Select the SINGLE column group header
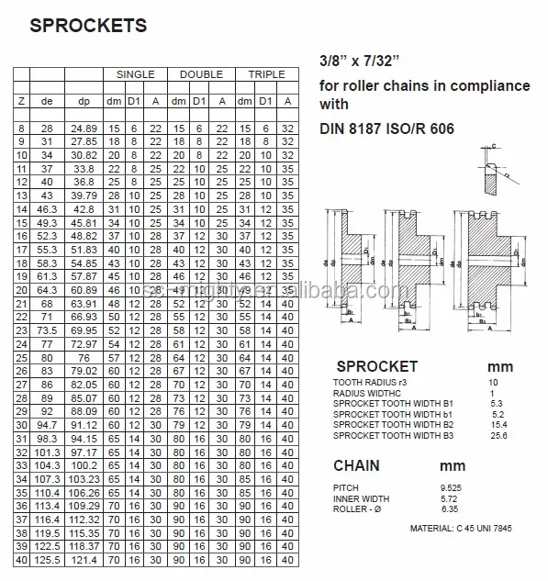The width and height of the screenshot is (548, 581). click(x=134, y=73)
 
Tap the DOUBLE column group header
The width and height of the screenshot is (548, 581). click(x=201, y=73)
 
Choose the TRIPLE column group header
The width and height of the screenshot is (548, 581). click(x=266, y=73)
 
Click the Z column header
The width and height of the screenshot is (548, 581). click(x=21, y=99)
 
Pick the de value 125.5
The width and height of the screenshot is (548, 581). click(x=48, y=558)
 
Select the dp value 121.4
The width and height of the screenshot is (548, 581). click(x=84, y=558)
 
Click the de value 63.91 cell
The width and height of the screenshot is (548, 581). click(x=84, y=304)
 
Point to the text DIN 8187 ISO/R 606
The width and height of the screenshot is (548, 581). click(x=386, y=130)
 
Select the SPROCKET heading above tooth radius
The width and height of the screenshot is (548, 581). click(x=376, y=366)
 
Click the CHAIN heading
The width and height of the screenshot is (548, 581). click(x=356, y=465)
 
